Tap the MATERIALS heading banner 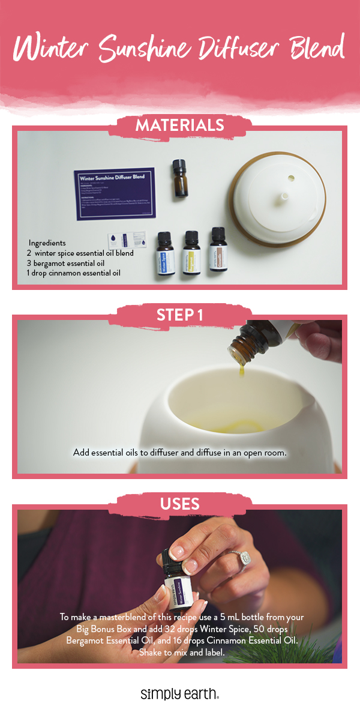coord(180,126)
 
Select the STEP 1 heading coord(179,315)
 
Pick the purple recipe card coord(115,193)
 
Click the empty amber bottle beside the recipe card coord(178,178)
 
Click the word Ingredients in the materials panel coord(49,243)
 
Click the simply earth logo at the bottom coord(179,694)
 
